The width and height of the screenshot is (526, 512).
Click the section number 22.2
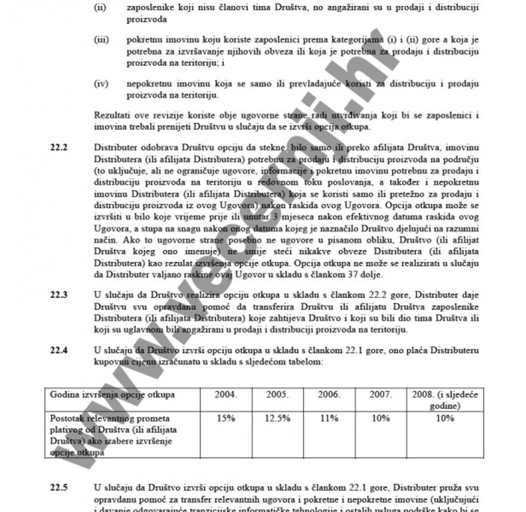pos(58,147)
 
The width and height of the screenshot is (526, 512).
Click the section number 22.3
pos(58,295)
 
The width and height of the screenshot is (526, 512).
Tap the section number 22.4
pos(58,350)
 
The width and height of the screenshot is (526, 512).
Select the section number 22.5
pos(58,487)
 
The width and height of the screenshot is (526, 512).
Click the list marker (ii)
pos(100,8)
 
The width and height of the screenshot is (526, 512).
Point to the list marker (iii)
pos(101,40)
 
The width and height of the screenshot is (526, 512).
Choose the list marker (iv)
pos(101,84)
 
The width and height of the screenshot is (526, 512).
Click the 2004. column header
pos(226,394)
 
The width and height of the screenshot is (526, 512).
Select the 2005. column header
pos(277,394)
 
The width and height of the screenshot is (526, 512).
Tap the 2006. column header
pos(329,394)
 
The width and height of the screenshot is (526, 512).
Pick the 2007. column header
pos(380,394)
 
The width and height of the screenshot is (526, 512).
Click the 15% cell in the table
pos(226,418)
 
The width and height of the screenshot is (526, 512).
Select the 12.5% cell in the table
pos(277,418)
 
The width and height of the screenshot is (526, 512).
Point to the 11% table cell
pos(329,418)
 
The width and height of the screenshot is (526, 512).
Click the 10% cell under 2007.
pos(380,418)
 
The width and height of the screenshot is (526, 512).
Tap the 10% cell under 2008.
pos(445,418)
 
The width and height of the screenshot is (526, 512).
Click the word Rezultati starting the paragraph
pos(111,115)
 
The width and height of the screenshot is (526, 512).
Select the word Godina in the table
pos(64,394)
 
